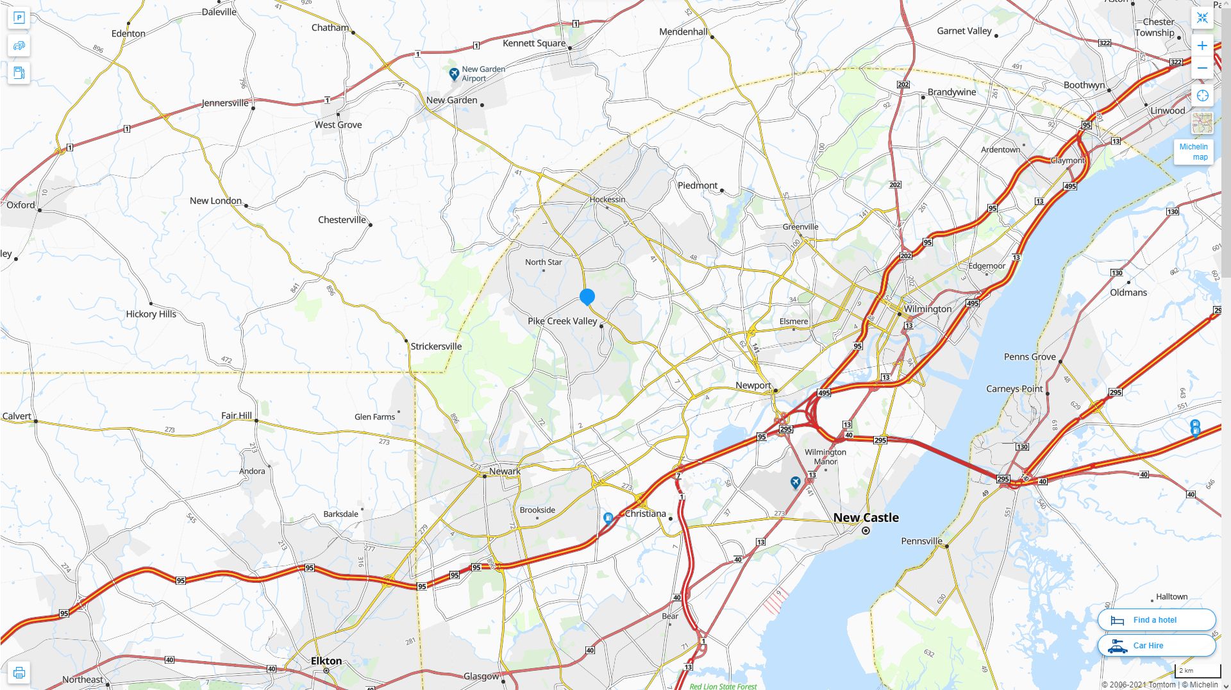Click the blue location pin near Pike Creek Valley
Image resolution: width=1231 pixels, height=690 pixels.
point(587,297)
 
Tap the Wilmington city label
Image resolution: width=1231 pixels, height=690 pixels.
point(928,309)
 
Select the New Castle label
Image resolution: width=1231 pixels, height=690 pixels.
point(866,517)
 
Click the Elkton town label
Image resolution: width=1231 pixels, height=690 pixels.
point(326,661)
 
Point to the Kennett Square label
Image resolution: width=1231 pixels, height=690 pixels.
point(533,43)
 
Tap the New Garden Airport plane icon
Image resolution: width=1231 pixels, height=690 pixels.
point(454,74)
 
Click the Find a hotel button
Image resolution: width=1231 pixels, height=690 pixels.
point(1156,620)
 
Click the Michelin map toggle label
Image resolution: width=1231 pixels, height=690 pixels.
point(1193,152)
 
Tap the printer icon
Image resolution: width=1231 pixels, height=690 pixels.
point(19,673)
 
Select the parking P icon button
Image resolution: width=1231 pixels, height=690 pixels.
point(19,18)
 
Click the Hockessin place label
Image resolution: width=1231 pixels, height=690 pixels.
point(607,199)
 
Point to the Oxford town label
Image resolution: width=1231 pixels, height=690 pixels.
point(21,205)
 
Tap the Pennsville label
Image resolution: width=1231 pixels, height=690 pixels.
point(921,541)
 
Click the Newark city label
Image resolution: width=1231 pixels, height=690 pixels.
point(505,471)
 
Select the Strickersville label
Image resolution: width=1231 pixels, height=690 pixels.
point(436,346)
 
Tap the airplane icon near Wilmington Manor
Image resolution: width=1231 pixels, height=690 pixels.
point(795,482)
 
